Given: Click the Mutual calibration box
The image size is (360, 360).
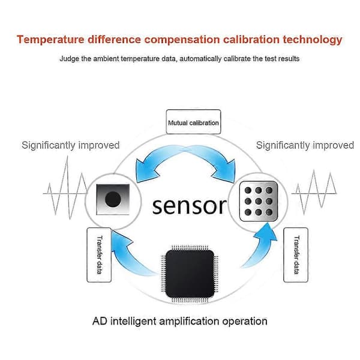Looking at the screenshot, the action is [193, 122].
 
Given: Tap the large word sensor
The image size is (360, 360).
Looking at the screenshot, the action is [190, 206].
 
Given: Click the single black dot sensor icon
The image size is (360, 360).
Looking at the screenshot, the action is [113, 199].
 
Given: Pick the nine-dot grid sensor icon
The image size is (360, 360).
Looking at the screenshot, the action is [259, 201].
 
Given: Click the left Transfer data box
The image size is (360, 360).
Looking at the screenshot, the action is [99, 255].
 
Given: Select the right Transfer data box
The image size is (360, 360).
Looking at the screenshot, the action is [296, 255].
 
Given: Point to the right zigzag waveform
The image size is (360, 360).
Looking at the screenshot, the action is [314, 193].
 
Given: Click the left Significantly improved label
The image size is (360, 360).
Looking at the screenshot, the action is [70, 145].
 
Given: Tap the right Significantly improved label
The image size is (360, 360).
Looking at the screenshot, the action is [305, 145].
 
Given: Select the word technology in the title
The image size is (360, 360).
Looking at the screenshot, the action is [313, 40].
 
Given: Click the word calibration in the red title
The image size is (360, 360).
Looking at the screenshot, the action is [251, 40].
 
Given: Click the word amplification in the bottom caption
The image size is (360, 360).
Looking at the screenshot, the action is [189, 322].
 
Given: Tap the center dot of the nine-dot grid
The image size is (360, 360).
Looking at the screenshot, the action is [259, 201].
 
